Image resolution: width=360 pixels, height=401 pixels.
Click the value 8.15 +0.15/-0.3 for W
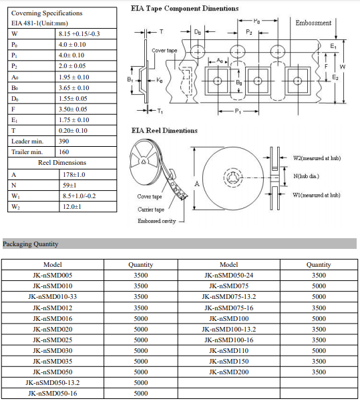click(79, 34)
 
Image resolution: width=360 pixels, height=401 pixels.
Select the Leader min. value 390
click(63, 141)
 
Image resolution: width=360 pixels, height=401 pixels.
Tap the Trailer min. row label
click(27, 152)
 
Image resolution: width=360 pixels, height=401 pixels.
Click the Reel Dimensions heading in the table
click(62, 163)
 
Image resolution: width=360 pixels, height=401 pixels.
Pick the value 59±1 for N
click(69, 185)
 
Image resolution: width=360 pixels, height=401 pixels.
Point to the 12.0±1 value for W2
click(72, 207)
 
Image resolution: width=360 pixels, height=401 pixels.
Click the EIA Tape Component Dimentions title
click(184, 9)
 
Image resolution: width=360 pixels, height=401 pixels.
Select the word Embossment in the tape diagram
click(313, 23)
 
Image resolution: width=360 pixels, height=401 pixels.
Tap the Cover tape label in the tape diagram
click(164, 51)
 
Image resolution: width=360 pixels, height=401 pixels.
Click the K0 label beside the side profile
click(160, 80)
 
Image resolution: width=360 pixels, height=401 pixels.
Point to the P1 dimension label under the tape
click(238, 111)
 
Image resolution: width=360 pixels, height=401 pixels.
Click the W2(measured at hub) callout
click(317, 158)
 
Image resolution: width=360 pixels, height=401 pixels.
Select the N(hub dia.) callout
click(306, 176)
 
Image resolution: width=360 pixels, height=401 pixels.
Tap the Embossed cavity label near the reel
click(157, 221)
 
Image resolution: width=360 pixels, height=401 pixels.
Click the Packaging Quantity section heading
click(31, 244)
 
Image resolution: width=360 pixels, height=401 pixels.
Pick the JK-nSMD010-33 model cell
click(53, 297)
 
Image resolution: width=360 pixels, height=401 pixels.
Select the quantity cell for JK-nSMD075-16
click(319, 308)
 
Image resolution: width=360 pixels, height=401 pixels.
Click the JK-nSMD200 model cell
click(229, 372)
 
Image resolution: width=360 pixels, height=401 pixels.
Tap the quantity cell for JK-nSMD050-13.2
click(140, 382)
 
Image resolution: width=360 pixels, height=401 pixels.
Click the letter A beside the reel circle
click(196, 183)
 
